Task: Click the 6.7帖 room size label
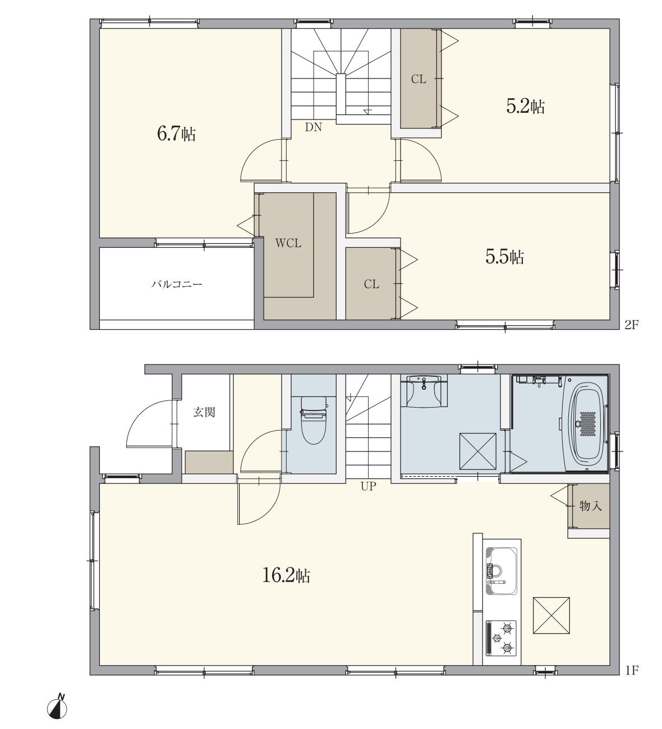click(x=176, y=134)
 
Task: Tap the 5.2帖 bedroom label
click(x=526, y=107)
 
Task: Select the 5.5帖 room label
click(x=505, y=257)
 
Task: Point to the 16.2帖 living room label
click(x=286, y=576)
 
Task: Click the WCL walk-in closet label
click(x=288, y=243)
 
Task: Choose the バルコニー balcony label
click(x=177, y=284)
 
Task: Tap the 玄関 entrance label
click(x=204, y=412)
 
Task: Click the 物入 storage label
click(x=590, y=505)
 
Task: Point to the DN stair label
click(x=313, y=127)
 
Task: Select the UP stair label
click(x=369, y=486)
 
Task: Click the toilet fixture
click(x=313, y=420)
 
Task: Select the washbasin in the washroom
click(x=424, y=391)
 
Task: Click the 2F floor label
click(x=632, y=324)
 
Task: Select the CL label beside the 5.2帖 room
click(x=419, y=79)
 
